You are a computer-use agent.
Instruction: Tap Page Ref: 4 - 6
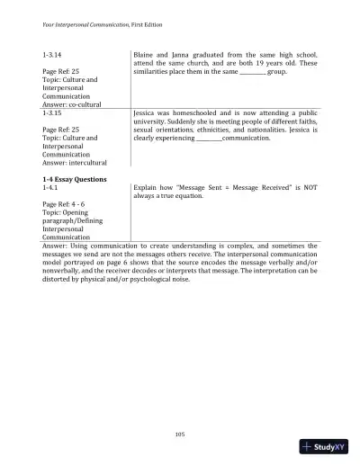pyautogui.click(x=67, y=204)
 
